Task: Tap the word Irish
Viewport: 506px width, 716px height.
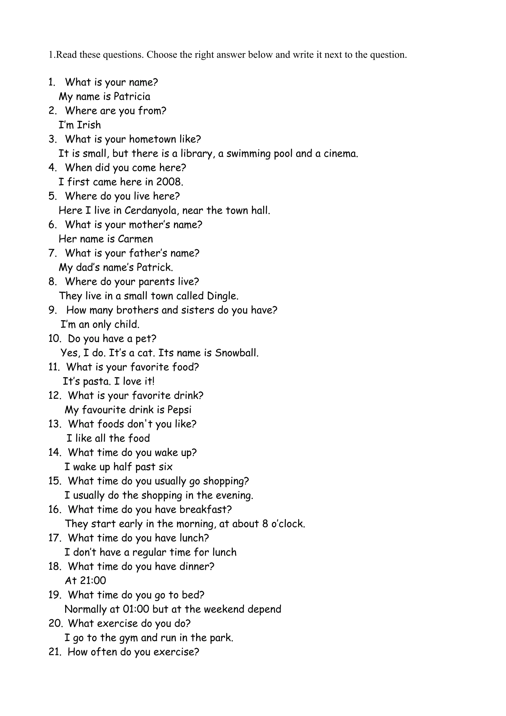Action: click(x=89, y=125)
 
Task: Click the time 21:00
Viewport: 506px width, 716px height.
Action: click(x=93, y=580)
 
